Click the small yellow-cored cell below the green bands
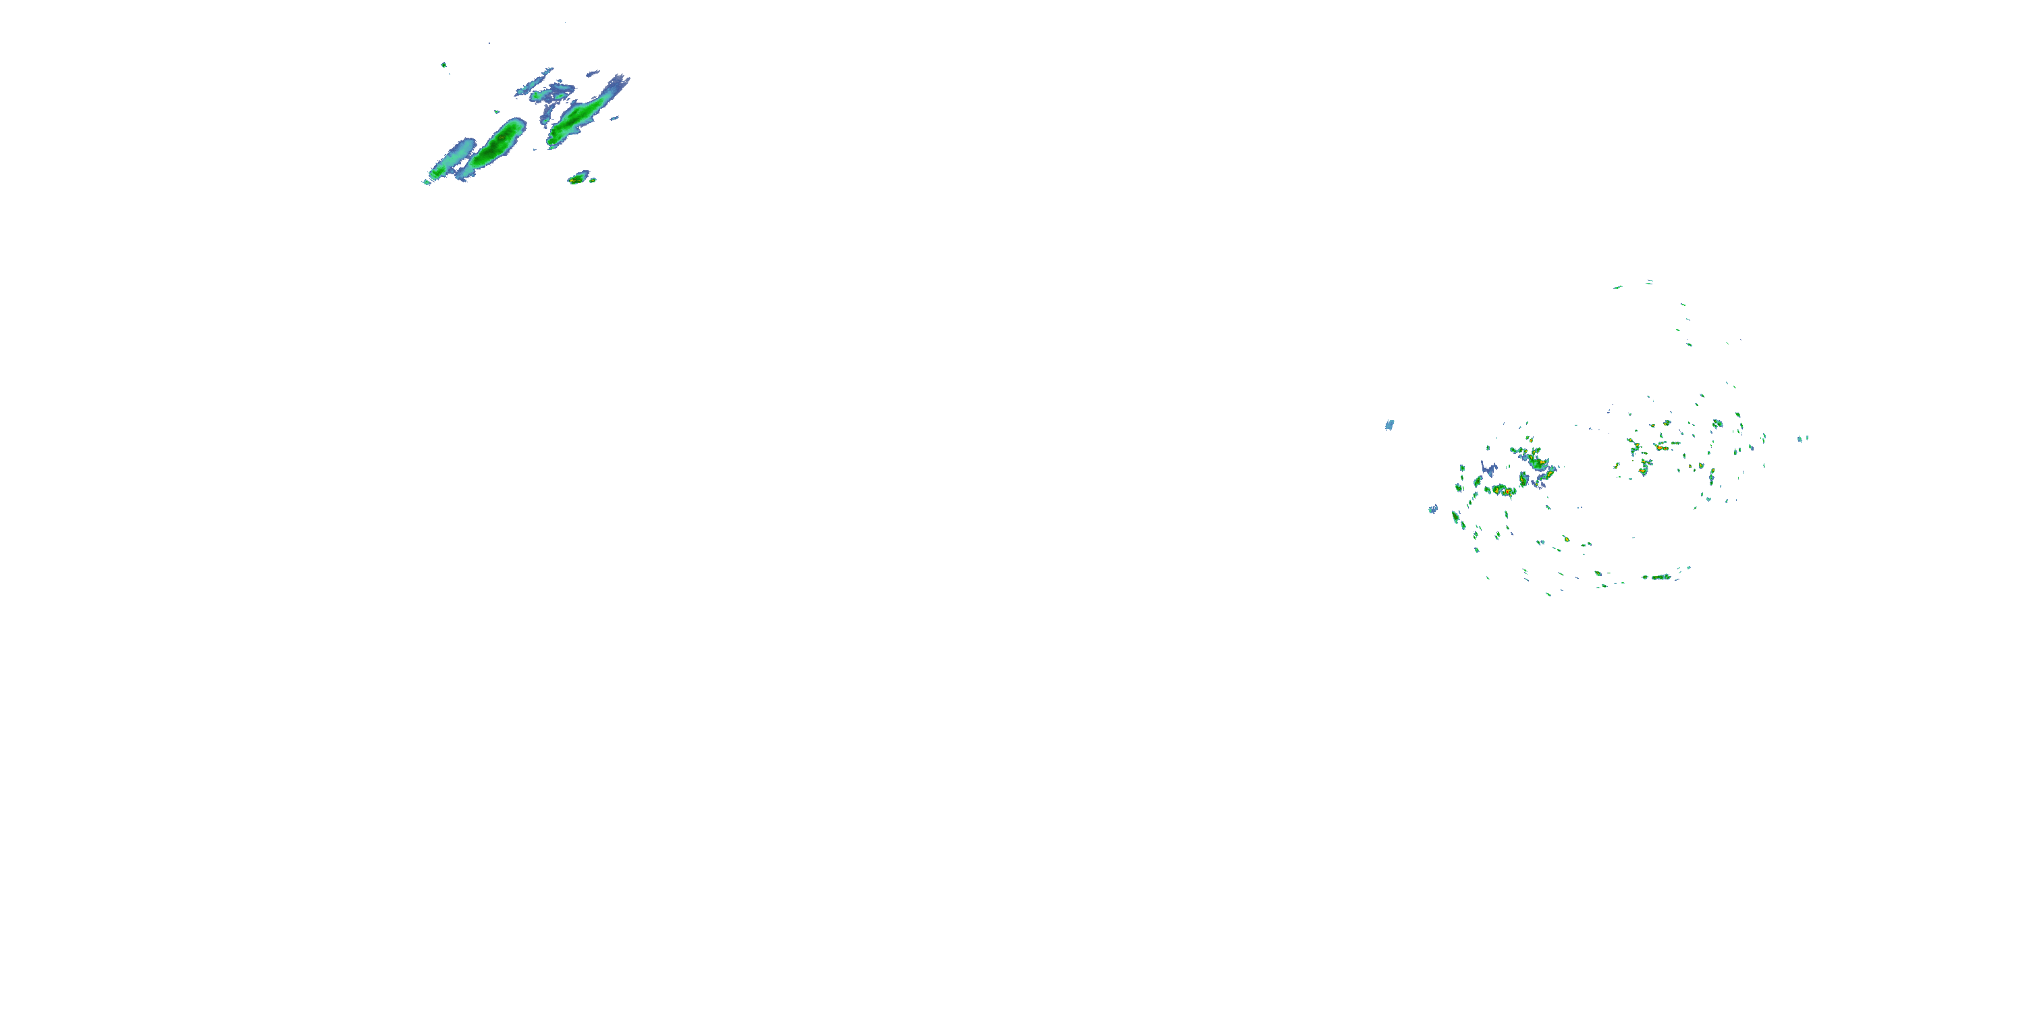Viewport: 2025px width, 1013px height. click(578, 178)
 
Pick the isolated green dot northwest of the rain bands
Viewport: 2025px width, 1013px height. click(444, 64)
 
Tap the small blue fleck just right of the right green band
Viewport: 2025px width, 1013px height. click(615, 119)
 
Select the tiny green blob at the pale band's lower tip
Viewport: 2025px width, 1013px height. click(433, 174)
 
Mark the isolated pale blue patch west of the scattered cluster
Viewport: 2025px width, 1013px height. click(1389, 425)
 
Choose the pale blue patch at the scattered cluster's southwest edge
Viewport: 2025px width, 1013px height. click(1432, 509)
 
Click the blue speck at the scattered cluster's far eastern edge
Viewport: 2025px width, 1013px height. click(1800, 438)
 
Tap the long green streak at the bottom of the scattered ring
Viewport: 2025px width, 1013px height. click(1660, 577)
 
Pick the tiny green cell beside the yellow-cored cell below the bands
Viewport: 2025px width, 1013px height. click(593, 180)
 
